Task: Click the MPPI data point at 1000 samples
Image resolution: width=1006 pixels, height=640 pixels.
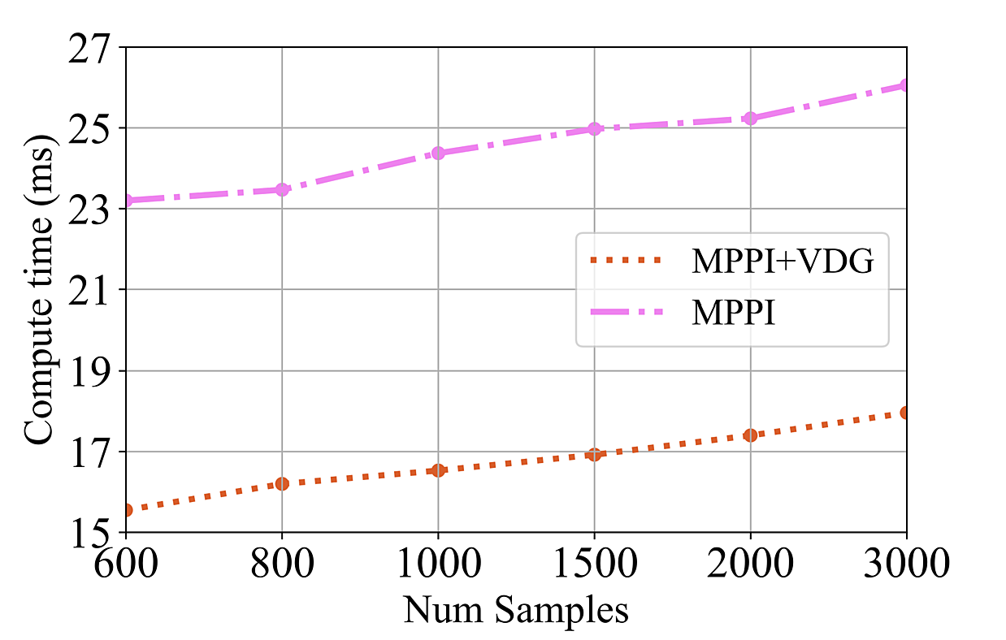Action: [x=438, y=153]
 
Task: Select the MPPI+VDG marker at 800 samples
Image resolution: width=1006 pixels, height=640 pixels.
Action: [x=282, y=483]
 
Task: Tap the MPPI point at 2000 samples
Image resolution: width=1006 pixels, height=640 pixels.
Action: [x=750, y=118]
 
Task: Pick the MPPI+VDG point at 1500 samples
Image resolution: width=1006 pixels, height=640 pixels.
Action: [x=594, y=454]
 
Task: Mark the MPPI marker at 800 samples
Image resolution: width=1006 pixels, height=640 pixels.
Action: [x=282, y=189]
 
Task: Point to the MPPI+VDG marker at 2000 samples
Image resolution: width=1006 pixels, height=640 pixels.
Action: [x=750, y=435]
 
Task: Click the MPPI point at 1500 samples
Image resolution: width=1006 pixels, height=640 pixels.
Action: [x=594, y=128]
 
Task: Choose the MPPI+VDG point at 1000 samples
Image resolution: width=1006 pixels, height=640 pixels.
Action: [x=438, y=469]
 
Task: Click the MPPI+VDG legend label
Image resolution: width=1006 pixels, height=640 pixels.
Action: [x=782, y=262]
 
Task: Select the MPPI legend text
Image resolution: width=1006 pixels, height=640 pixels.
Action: [x=734, y=313]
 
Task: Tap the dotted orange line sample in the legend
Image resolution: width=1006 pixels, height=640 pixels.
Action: [x=625, y=262]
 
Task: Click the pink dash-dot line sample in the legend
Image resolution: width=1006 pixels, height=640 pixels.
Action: [x=625, y=313]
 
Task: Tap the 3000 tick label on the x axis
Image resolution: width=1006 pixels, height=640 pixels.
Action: [x=906, y=563]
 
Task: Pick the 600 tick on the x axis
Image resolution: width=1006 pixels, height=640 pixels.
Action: [x=126, y=563]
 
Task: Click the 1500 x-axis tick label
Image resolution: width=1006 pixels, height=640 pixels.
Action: [x=594, y=563]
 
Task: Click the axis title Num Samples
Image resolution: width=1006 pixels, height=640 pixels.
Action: [x=516, y=609]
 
